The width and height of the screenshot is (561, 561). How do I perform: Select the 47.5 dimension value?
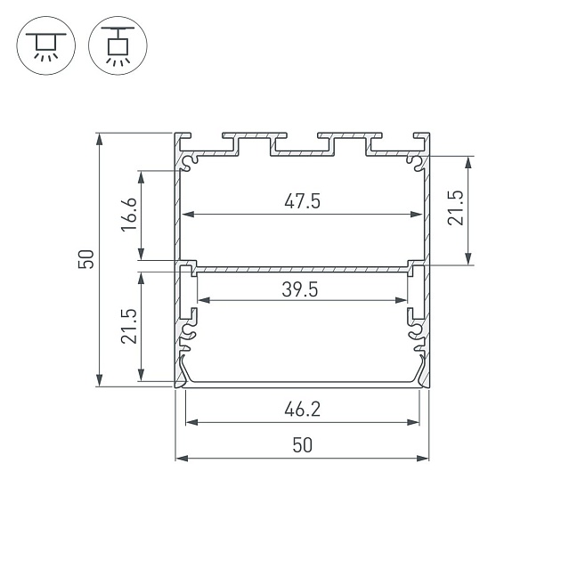pos(302,201)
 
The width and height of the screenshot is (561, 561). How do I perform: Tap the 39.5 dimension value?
pos(302,289)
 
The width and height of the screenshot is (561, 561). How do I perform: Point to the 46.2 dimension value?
pos(302,410)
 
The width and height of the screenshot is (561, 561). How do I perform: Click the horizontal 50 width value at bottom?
pos(302,445)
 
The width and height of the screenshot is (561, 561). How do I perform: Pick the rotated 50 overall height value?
pos(86,260)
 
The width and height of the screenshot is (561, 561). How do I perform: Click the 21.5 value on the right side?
pos(455,208)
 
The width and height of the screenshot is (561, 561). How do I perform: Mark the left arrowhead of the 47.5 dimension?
pos(187,215)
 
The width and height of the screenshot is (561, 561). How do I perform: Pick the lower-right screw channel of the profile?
pos(417,335)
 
